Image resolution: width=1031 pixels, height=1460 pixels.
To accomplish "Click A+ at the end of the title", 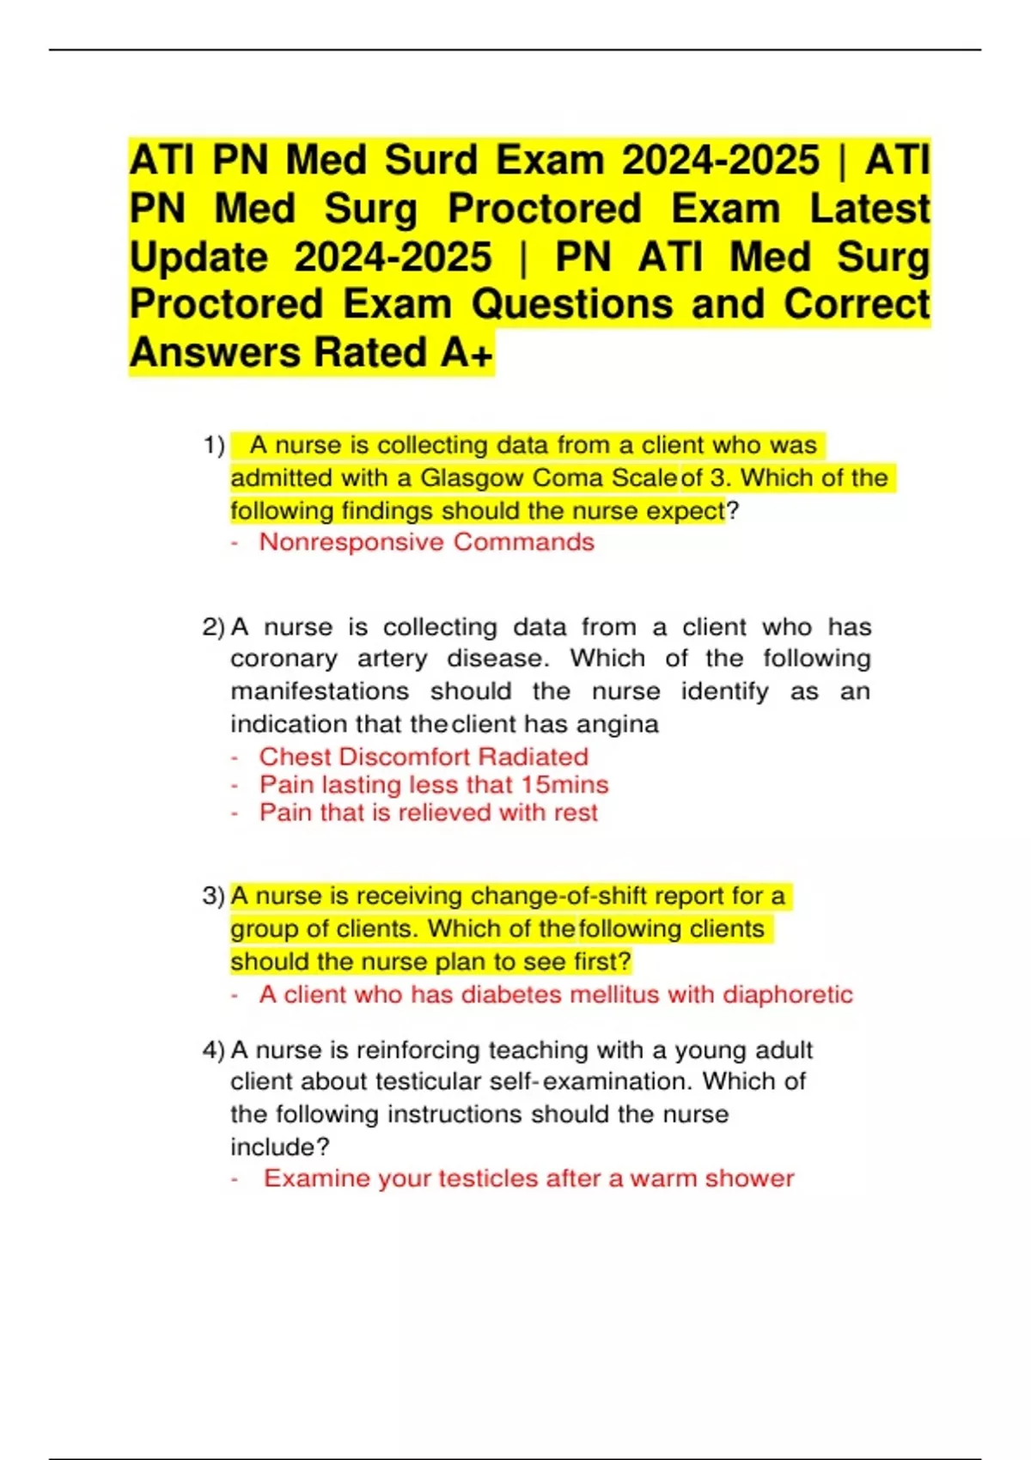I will tap(467, 353).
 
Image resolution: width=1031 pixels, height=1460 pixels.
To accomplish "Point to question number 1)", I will tap(214, 446).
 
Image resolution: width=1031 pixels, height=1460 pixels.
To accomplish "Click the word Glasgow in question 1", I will tap(472, 478).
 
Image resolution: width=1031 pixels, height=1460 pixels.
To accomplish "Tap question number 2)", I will tap(213, 627).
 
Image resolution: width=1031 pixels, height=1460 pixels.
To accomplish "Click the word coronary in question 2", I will tap(284, 659).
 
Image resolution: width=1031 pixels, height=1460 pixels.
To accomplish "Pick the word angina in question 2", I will tap(617, 724).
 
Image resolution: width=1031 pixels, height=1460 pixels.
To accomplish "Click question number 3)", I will tap(213, 896).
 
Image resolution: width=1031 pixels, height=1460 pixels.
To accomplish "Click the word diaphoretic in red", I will tap(788, 995).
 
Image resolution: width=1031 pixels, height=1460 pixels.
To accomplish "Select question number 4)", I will tap(213, 1049).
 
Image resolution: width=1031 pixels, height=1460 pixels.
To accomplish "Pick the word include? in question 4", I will tap(279, 1147).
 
